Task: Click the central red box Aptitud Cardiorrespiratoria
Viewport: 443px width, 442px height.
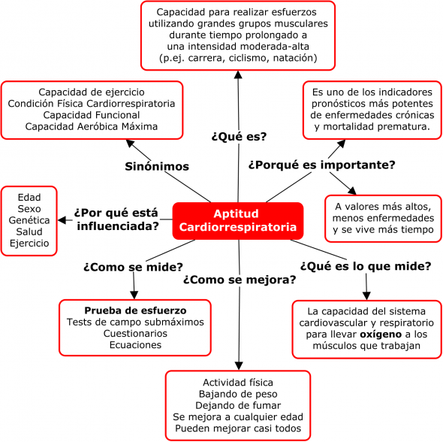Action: [x=238, y=221]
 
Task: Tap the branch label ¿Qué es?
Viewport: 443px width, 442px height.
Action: [x=239, y=137]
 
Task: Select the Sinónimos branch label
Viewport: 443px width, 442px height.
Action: [x=157, y=166]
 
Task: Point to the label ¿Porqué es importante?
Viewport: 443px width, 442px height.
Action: [x=322, y=165]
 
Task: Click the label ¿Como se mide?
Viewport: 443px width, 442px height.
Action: [x=134, y=267]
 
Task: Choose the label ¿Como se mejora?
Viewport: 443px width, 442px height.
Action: [x=240, y=280]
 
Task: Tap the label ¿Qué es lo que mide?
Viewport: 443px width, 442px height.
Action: [x=366, y=266]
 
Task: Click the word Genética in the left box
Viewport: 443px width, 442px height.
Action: [x=29, y=220]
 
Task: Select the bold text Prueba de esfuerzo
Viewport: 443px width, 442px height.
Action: [x=135, y=310]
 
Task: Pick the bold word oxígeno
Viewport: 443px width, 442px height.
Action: [x=381, y=335]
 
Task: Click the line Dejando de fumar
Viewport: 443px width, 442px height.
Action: [x=238, y=405]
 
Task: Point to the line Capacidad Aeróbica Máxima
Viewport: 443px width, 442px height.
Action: [x=92, y=126]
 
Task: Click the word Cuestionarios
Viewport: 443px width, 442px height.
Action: [x=135, y=334]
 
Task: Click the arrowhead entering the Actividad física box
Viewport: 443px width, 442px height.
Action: [x=239, y=365]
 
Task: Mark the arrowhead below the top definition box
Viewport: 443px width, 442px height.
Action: [x=238, y=75]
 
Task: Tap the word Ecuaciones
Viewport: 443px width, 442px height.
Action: [x=135, y=345]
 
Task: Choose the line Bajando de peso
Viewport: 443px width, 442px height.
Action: [x=238, y=394]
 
